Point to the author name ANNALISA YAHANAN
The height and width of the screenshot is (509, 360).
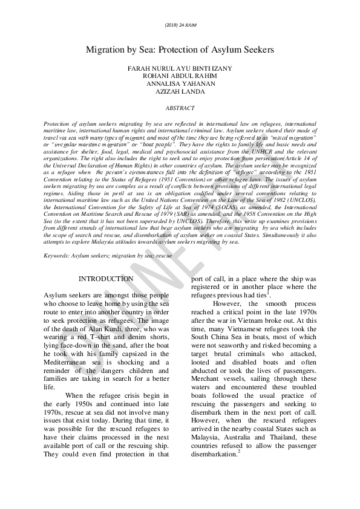tap(180, 83)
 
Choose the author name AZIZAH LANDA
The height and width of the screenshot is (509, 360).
tap(180, 91)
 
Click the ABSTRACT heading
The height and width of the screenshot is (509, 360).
tap(180, 108)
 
